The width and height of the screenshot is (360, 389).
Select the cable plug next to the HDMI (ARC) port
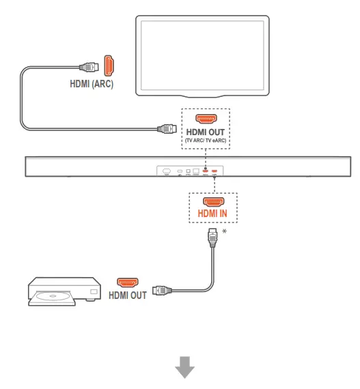tap(88, 67)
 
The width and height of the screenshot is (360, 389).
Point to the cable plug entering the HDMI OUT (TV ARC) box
tap(166, 127)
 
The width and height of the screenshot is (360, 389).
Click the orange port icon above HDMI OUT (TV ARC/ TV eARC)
tap(206, 117)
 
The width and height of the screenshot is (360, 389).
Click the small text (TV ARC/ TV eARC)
tap(206, 140)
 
